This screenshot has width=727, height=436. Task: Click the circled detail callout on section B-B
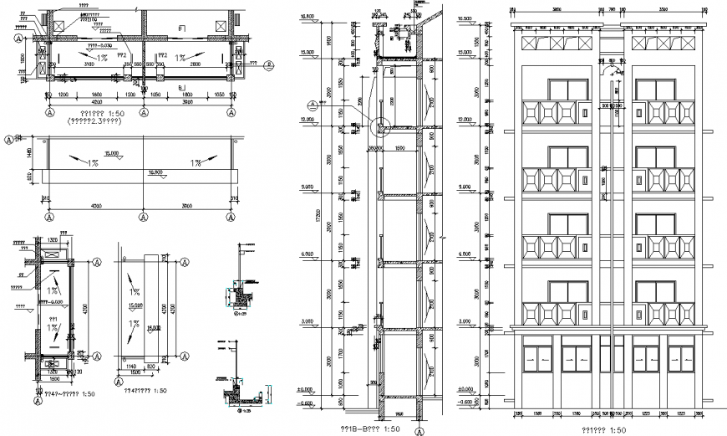pos(381,128)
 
